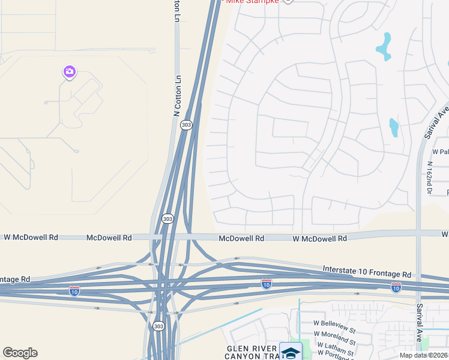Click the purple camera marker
point(70,72)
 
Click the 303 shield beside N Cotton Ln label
point(186,125)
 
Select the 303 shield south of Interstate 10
point(158,326)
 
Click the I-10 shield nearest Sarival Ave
point(396,287)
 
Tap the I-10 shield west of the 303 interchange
point(74,291)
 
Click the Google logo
point(20,353)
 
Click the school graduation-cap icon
point(291,351)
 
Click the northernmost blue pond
point(384,46)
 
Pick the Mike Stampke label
point(252,2)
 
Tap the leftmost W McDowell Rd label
point(31,238)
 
